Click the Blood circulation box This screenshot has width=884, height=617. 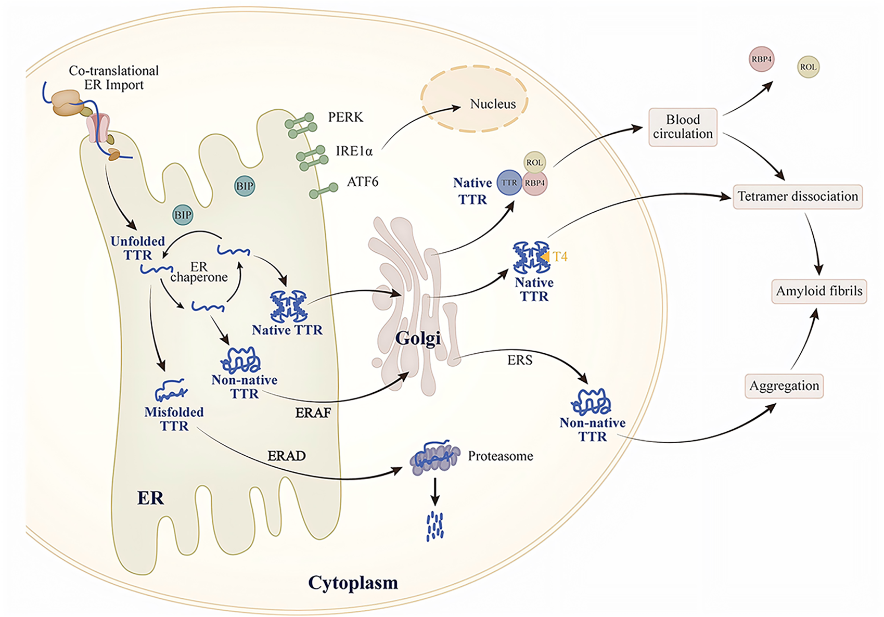pos(683,127)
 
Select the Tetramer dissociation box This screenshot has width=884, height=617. pos(797,197)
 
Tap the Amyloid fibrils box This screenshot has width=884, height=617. pos(818,291)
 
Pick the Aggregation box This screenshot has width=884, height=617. pos(784,386)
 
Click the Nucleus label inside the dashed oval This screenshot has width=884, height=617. pos(492,104)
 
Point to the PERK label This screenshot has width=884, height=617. pos(345,117)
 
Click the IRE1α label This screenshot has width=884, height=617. pos(354,151)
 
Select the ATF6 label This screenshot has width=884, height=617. pos(362,182)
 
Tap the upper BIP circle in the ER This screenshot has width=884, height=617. pos(245,186)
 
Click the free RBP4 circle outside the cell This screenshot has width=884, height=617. pos(761,59)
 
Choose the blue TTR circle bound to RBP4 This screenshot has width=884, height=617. pos(509,183)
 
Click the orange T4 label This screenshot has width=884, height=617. pos(560,256)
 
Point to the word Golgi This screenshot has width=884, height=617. pos(418,338)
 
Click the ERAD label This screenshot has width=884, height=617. pos(286,456)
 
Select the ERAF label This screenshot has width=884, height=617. pos(313,413)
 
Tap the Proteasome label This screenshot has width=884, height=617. pos(500,456)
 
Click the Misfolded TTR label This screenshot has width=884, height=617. pos(174,419)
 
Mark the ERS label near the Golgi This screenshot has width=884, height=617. pos(519,360)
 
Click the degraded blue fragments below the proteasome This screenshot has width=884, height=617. pos(435,526)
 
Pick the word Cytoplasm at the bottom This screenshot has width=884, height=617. pos(353,582)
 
